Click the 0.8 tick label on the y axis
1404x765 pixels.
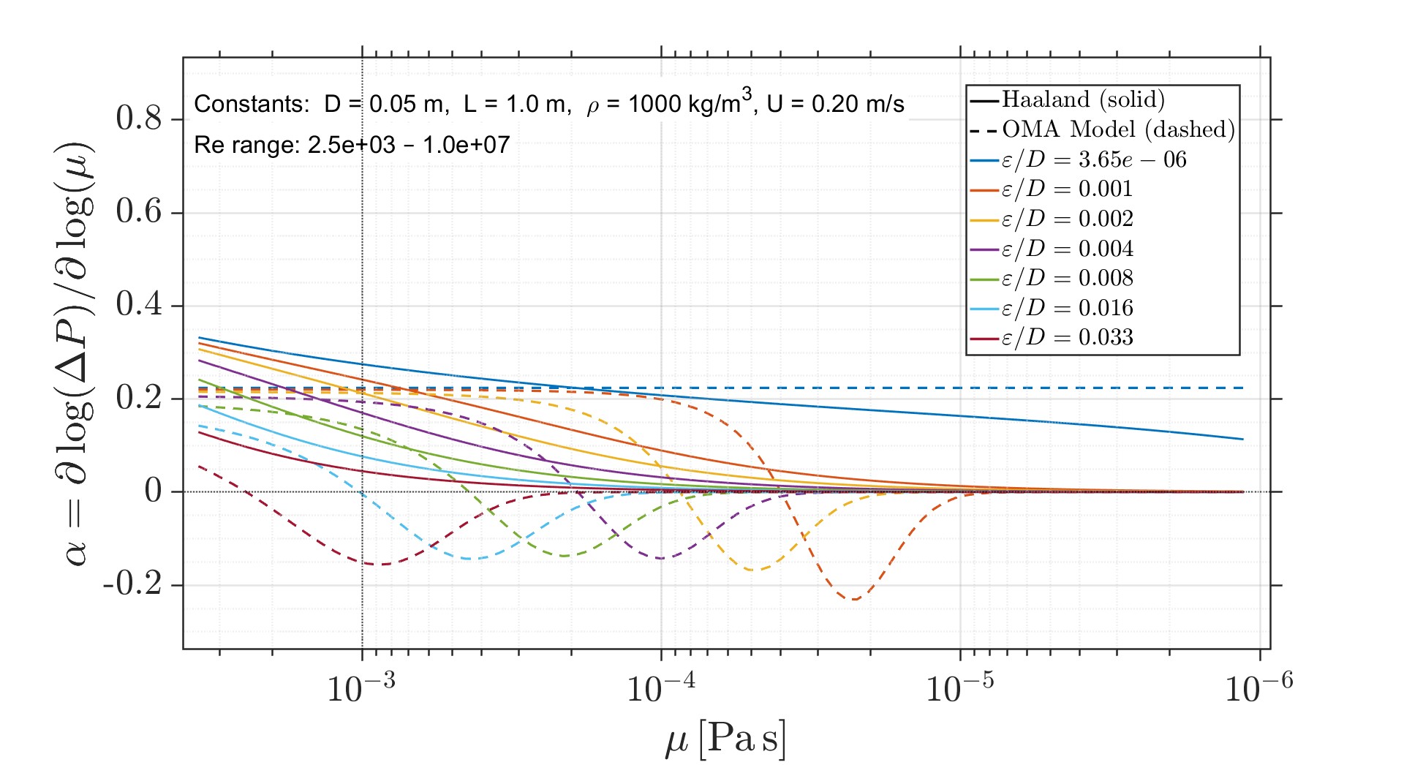(139, 118)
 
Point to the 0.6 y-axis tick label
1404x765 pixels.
(139, 212)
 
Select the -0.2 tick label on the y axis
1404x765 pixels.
(132, 584)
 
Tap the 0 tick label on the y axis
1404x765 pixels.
(153, 491)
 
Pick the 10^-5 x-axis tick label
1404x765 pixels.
(959, 687)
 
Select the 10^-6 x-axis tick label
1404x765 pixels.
(1258, 687)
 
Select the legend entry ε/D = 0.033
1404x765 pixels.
(1067, 337)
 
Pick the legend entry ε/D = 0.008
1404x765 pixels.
(1067, 278)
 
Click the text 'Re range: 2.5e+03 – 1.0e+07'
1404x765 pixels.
(352, 145)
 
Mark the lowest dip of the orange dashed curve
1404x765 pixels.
(854, 600)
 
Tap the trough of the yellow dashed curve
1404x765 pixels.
(752, 570)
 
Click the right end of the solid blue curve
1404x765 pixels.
(1242, 440)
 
